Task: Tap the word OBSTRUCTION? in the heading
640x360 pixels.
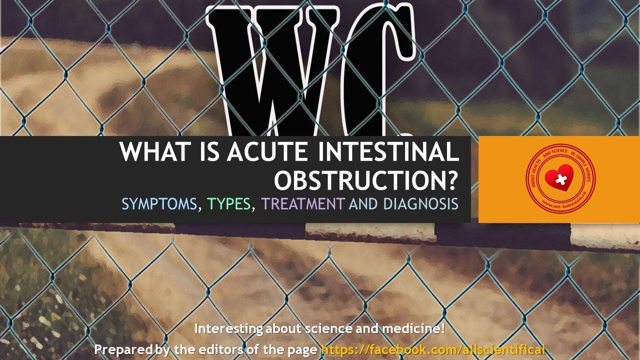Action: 366,180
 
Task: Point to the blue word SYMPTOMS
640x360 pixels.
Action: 159,204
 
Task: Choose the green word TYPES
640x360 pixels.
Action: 229,204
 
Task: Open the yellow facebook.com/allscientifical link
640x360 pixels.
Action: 432,349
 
